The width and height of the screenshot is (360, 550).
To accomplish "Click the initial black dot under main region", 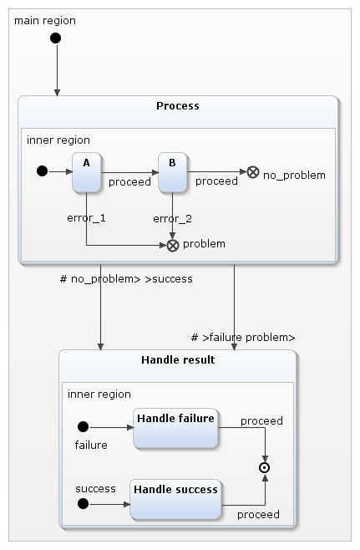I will click(56, 38).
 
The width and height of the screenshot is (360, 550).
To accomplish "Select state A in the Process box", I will click(86, 172).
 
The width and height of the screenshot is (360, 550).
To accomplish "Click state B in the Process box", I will click(172, 172).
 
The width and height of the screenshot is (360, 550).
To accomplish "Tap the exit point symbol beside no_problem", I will click(252, 172).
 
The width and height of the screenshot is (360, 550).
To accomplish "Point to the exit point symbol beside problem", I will click(173, 245).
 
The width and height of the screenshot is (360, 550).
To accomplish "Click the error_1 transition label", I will click(87, 218).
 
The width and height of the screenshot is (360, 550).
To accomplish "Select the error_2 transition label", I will click(172, 218).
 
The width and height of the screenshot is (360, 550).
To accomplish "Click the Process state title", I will click(177, 106).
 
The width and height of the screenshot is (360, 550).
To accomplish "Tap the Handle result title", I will click(177, 360).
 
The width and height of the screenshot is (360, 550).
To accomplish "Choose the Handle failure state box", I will click(175, 427).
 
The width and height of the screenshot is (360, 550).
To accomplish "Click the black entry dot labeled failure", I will click(83, 427).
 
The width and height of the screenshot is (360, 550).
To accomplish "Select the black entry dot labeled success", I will click(83, 503).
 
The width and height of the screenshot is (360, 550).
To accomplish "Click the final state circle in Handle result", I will click(266, 468).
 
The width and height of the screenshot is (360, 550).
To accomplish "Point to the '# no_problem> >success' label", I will click(126, 278).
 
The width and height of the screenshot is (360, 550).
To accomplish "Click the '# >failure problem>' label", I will click(243, 338).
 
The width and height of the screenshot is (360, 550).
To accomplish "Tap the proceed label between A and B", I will click(129, 181).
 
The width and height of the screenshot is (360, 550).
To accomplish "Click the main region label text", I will click(45, 20).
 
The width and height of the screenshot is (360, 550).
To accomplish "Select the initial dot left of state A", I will click(42, 172).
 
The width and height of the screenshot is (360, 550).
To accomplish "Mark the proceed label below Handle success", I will click(258, 514).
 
